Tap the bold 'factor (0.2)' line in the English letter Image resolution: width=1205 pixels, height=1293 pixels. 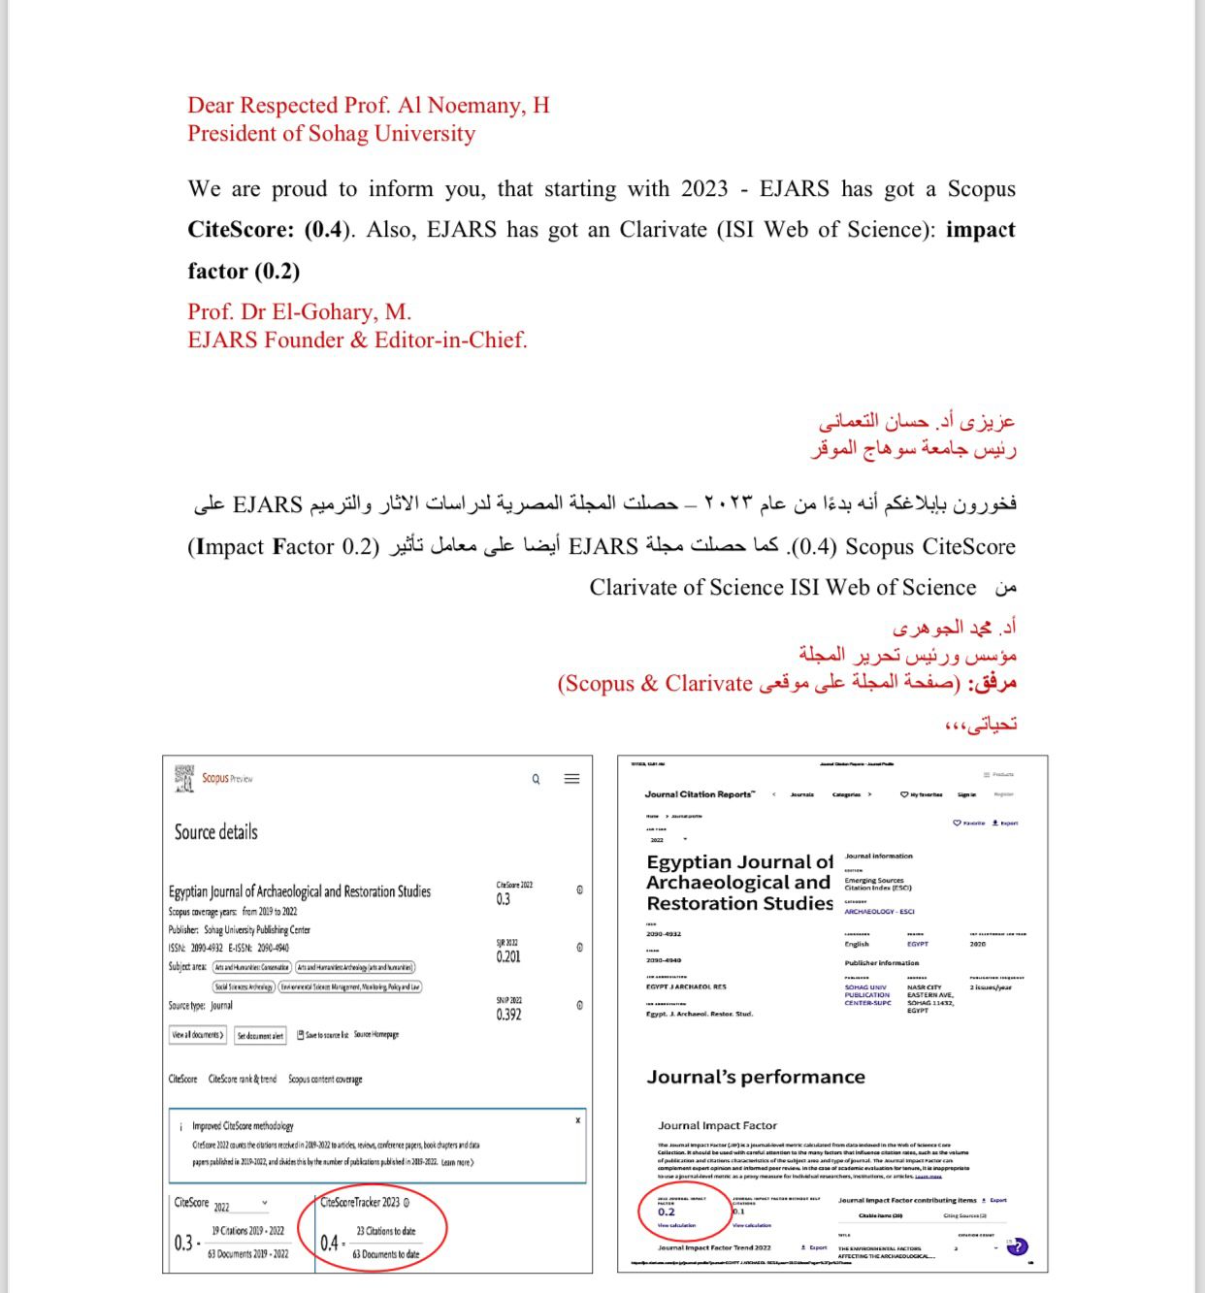pyautogui.click(x=244, y=271)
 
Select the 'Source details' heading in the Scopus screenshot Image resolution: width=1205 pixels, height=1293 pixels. pyautogui.click(x=216, y=831)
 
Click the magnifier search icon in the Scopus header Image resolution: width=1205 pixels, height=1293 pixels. pyautogui.click(x=536, y=779)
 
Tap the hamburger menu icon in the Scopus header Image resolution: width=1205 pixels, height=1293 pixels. pyautogui.click(x=572, y=779)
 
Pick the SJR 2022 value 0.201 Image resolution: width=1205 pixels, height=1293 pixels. pyautogui.click(x=508, y=956)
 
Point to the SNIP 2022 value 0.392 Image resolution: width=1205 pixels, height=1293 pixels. pyautogui.click(x=508, y=1015)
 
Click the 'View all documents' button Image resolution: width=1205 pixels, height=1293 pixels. pyautogui.click(x=198, y=1035)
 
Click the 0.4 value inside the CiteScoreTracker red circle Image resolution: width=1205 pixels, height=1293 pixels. pyautogui.click(x=330, y=1243)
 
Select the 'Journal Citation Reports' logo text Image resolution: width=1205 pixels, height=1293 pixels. pyautogui.click(x=700, y=794)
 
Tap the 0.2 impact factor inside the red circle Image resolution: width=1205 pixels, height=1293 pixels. pyautogui.click(x=667, y=1212)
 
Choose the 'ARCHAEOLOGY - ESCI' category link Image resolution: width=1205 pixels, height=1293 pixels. pyautogui.click(x=879, y=912)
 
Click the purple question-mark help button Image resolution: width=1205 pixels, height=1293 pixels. pyautogui.click(x=1017, y=1246)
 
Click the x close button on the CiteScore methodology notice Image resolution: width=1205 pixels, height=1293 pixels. pyautogui.click(x=578, y=1120)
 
